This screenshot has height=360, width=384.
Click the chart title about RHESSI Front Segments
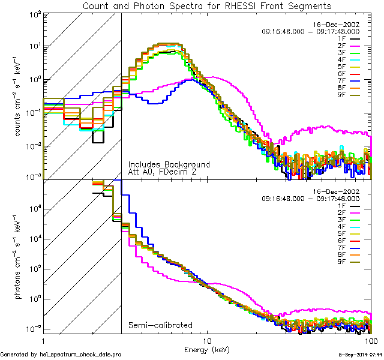tap(207, 5)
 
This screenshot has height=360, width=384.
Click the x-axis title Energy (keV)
tap(207, 349)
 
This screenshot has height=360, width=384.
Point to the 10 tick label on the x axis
tap(207, 340)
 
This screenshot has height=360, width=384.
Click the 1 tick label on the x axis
tap(43, 340)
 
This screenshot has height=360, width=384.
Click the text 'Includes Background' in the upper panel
tap(169, 164)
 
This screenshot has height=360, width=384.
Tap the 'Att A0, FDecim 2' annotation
tap(163, 172)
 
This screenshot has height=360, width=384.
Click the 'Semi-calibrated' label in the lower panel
tap(160, 325)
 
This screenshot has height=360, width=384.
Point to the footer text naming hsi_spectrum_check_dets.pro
tap(61, 355)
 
